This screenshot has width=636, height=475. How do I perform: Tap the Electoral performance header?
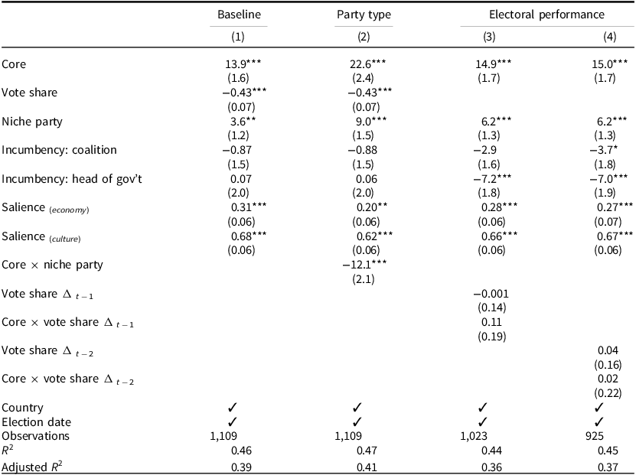point(546,15)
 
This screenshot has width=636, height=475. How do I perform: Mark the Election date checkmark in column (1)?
point(232,421)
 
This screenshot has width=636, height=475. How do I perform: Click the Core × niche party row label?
point(53,265)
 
